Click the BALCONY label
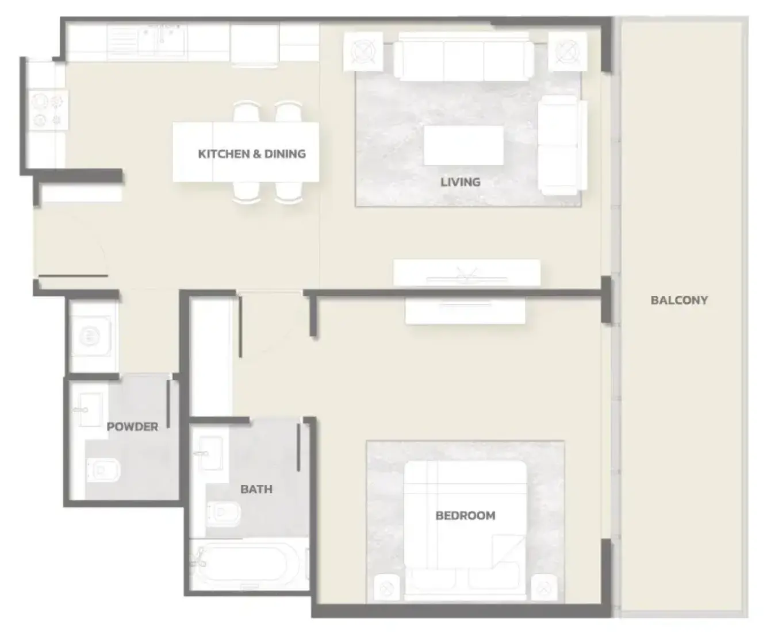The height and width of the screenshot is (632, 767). pos(679,300)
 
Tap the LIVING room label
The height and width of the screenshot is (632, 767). pos(461,182)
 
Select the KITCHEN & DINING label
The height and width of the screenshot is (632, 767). pos(252,154)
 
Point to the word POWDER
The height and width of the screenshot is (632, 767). pos(132,426)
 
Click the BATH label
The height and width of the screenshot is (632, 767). pos(256,489)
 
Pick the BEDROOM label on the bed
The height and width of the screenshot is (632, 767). pos(465,516)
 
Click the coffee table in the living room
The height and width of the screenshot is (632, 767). pos(463,145)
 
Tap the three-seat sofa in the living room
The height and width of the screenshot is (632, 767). pos(464,57)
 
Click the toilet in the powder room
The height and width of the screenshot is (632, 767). pos(104,470)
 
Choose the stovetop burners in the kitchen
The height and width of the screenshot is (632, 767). pos(48,110)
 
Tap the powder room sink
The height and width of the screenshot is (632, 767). pos(90,410)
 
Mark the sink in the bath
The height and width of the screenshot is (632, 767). pos(210,453)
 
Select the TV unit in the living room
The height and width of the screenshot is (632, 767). pos(466,273)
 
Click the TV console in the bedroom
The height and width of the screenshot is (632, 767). pos(465,311)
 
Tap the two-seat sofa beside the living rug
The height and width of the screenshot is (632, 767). pos(562,145)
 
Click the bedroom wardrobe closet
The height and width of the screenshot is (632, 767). pos(211,357)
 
